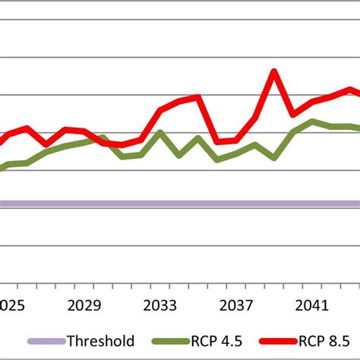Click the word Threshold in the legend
[100, 342]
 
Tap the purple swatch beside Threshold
[46, 342]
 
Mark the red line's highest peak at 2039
[274, 72]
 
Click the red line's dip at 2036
[217, 141]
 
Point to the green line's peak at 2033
[160, 133]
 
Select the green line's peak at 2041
[312, 122]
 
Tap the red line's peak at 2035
[198, 97]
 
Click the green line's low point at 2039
[274, 158]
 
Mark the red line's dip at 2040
[293, 115]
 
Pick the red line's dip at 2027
[46, 144]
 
